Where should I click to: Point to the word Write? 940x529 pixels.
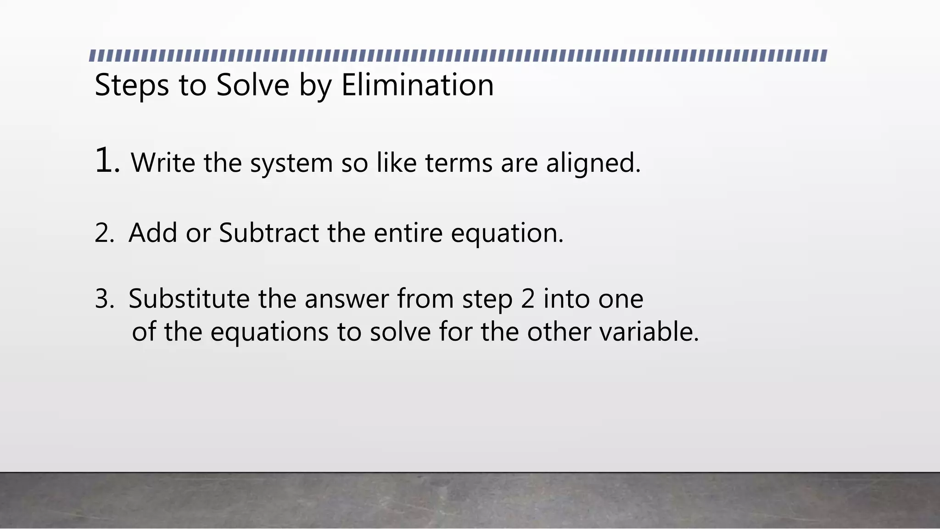coord(163,163)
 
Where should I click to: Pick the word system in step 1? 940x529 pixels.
coord(291,163)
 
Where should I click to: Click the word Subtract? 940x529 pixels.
coord(269,233)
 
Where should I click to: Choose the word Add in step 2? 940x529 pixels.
coord(153,233)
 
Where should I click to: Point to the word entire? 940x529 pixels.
coord(408,233)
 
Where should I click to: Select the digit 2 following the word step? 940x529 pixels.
coord(528,299)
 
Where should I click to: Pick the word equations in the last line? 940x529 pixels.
coord(269,332)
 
